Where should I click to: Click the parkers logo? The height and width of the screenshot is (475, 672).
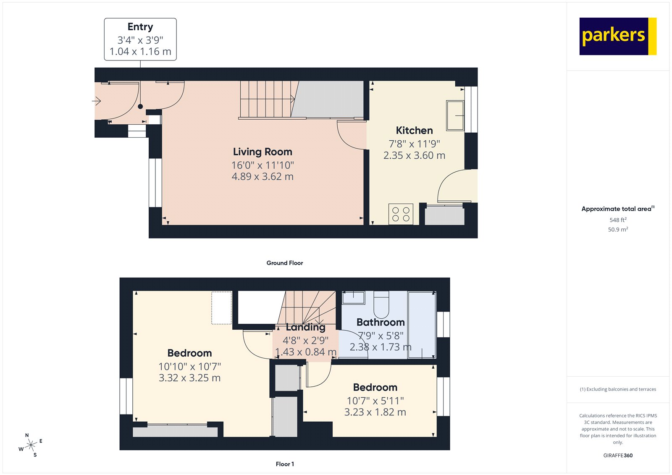(x=617, y=36)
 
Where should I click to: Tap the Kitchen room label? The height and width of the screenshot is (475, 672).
(x=414, y=131)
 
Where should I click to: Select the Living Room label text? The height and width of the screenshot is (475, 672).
(x=262, y=152)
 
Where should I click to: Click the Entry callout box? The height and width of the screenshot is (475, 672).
(x=140, y=39)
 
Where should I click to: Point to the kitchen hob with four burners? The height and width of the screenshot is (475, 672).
(x=401, y=214)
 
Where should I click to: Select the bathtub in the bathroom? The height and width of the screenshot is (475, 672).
(x=422, y=325)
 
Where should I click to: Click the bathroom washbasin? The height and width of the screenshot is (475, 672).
(x=353, y=298)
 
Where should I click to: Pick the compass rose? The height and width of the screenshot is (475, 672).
(x=31, y=446)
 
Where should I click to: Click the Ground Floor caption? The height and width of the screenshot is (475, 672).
(x=284, y=263)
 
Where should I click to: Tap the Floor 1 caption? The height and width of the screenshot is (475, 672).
(x=285, y=464)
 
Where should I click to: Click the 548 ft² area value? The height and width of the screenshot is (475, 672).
(x=618, y=220)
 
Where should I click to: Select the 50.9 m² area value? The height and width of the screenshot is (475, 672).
(x=618, y=230)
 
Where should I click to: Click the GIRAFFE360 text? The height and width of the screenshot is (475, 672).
(x=618, y=455)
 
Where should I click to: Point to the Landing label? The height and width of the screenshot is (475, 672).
(x=306, y=327)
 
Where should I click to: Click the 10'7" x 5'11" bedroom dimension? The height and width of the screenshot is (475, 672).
(x=375, y=401)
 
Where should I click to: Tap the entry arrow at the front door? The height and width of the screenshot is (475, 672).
(x=97, y=101)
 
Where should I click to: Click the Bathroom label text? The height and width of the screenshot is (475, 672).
(x=381, y=323)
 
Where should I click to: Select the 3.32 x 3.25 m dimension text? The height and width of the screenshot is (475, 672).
(x=189, y=378)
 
